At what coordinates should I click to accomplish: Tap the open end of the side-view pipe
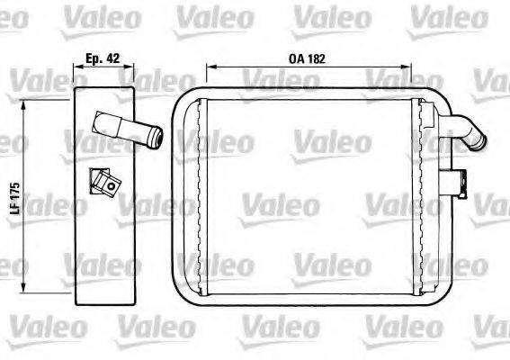[x=158, y=138]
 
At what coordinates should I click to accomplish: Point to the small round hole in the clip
[x=112, y=188]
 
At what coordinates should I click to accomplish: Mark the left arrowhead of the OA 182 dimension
[x=210, y=67]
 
